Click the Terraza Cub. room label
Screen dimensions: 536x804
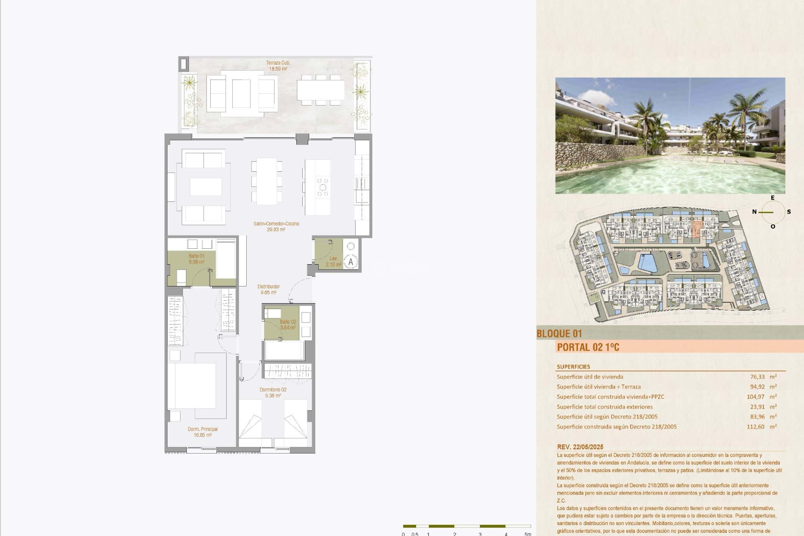point(278,66)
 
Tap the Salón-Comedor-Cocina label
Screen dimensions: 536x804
point(276,227)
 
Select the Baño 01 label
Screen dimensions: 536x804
point(196,259)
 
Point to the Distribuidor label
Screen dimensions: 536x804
point(268,289)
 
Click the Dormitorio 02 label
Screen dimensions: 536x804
point(273,392)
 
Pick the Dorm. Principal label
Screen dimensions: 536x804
point(203,432)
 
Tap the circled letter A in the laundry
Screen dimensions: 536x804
point(351,262)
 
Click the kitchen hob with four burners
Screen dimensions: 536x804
point(323,187)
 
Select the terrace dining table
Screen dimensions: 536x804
point(320,90)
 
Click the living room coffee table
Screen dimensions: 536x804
point(206,187)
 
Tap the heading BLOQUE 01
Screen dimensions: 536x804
point(559,334)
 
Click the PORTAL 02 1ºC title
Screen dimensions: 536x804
point(588,347)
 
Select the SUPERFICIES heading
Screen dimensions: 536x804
point(573,367)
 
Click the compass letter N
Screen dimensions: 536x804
point(754,212)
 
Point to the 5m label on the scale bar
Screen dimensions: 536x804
point(528,534)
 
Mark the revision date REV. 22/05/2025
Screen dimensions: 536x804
point(586,447)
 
